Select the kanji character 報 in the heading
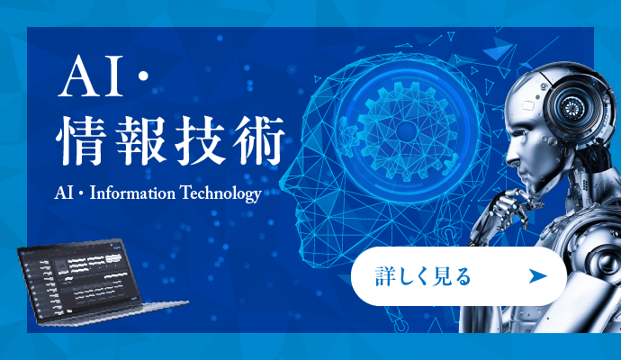point(146,142)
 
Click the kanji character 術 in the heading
point(263,142)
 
